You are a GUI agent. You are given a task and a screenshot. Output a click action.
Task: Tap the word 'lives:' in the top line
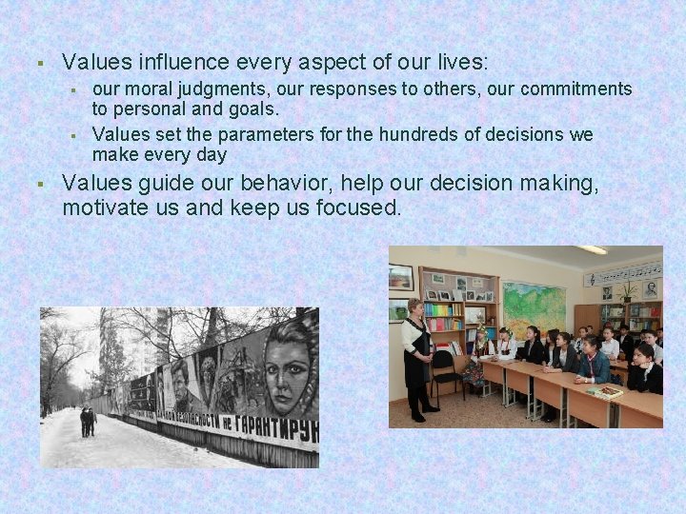(460, 63)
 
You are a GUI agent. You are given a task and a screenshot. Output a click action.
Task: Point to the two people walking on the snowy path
(88, 421)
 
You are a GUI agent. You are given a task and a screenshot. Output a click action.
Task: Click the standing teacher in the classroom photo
(415, 357)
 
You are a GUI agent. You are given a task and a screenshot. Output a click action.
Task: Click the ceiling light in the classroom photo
(591, 250)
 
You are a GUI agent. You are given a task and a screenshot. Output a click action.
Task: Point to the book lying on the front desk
(603, 391)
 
